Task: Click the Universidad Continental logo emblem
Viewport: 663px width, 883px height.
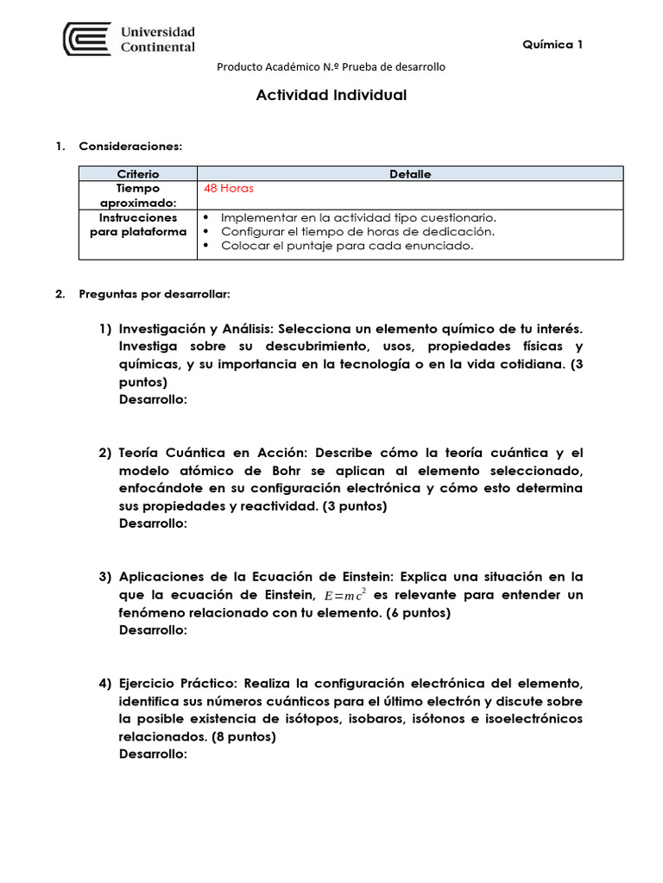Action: pyautogui.click(x=87, y=39)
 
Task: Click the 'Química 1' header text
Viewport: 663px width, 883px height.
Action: pyautogui.click(x=552, y=45)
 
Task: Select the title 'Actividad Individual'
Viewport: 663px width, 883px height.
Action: pyautogui.click(x=331, y=95)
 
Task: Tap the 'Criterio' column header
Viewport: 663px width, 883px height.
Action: pyautogui.click(x=138, y=174)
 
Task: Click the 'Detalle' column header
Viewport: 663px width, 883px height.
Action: pyautogui.click(x=410, y=174)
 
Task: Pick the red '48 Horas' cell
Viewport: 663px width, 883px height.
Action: pyautogui.click(x=229, y=188)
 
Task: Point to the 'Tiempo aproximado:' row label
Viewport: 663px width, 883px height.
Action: pyautogui.click(x=138, y=195)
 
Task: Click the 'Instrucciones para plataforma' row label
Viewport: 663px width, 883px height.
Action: pyautogui.click(x=138, y=225)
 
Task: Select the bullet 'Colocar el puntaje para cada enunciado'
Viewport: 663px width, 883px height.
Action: pyautogui.click(x=347, y=246)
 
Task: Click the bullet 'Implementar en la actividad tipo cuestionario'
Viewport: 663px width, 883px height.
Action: pyautogui.click(x=358, y=218)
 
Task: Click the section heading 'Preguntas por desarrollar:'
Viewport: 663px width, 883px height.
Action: pyautogui.click(x=155, y=294)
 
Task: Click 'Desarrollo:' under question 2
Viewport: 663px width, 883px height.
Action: pyautogui.click(x=153, y=523)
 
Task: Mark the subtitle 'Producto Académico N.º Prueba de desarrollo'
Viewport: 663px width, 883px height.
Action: pyautogui.click(x=331, y=67)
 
